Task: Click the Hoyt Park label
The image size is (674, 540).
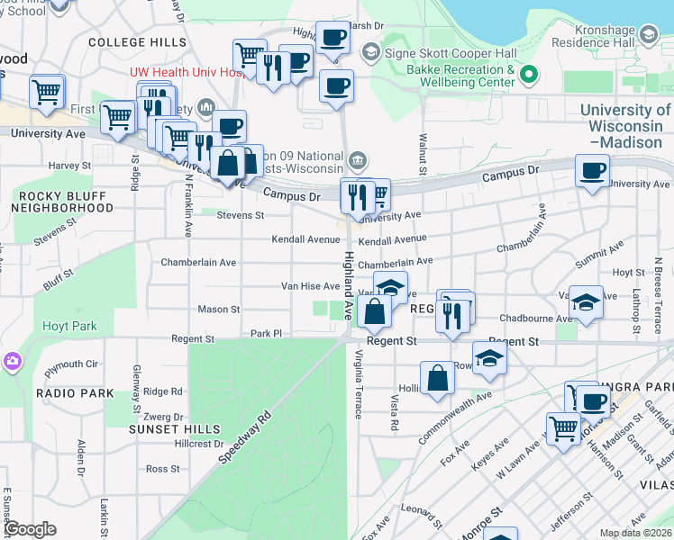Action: coord(71,327)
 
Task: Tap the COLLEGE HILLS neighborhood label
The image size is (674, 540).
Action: coord(137,42)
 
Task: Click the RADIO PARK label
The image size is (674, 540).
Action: coord(76,393)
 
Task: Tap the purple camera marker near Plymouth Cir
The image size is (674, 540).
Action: coord(12,362)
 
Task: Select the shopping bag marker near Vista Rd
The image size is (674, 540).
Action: coord(437,378)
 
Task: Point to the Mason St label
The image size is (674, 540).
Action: coord(219,310)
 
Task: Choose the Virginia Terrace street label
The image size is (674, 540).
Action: coord(358,384)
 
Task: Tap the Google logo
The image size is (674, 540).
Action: coord(30,529)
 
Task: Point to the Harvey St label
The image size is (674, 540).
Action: coord(65,166)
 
